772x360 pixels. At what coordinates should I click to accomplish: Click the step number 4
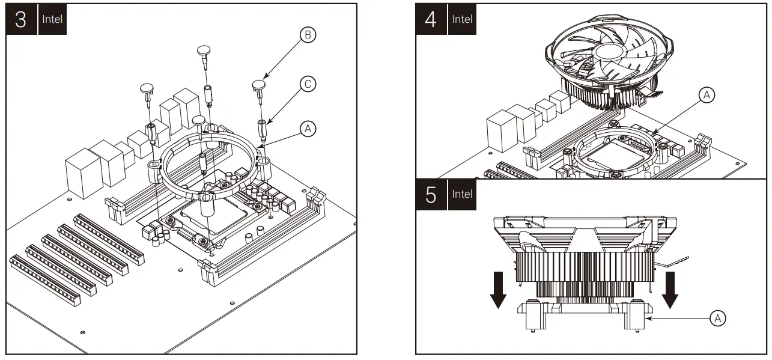(x=431, y=19)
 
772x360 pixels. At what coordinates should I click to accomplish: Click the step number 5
(x=431, y=195)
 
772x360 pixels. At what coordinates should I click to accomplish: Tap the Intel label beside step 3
(x=51, y=19)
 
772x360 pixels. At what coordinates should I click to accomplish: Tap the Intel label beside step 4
(x=462, y=19)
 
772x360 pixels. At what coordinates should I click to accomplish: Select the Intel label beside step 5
(x=462, y=195)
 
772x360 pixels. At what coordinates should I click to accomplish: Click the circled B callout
(x=307, y=36)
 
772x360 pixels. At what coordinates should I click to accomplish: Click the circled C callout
(x=307, y=85)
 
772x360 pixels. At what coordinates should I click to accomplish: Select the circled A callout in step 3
(x=307, y=128)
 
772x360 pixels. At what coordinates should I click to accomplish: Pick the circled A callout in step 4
(x=707, y=95)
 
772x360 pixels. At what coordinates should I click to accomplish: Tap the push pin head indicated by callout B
(x=259, y=84)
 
